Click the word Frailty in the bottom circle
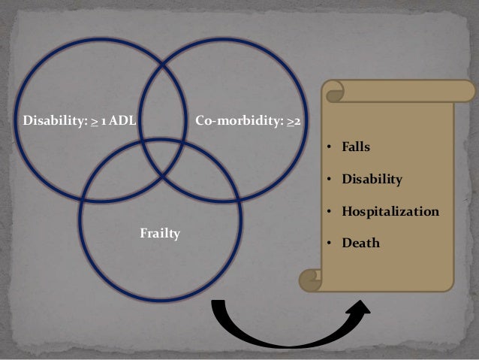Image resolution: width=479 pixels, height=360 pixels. point(160,234)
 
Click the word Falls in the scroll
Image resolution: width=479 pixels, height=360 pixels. point(356,148)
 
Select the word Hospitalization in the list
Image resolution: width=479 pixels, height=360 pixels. point(390,212)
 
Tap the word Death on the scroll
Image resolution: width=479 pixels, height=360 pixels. point(361,244)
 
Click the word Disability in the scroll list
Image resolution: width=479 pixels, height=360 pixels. point(372,180)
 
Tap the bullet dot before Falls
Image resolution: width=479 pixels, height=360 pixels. point(328,149)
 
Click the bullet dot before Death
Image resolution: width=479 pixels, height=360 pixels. point(328,244)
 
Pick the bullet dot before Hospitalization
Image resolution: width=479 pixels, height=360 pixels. point(328,213)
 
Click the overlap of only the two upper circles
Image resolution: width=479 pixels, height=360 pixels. point(162,98)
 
